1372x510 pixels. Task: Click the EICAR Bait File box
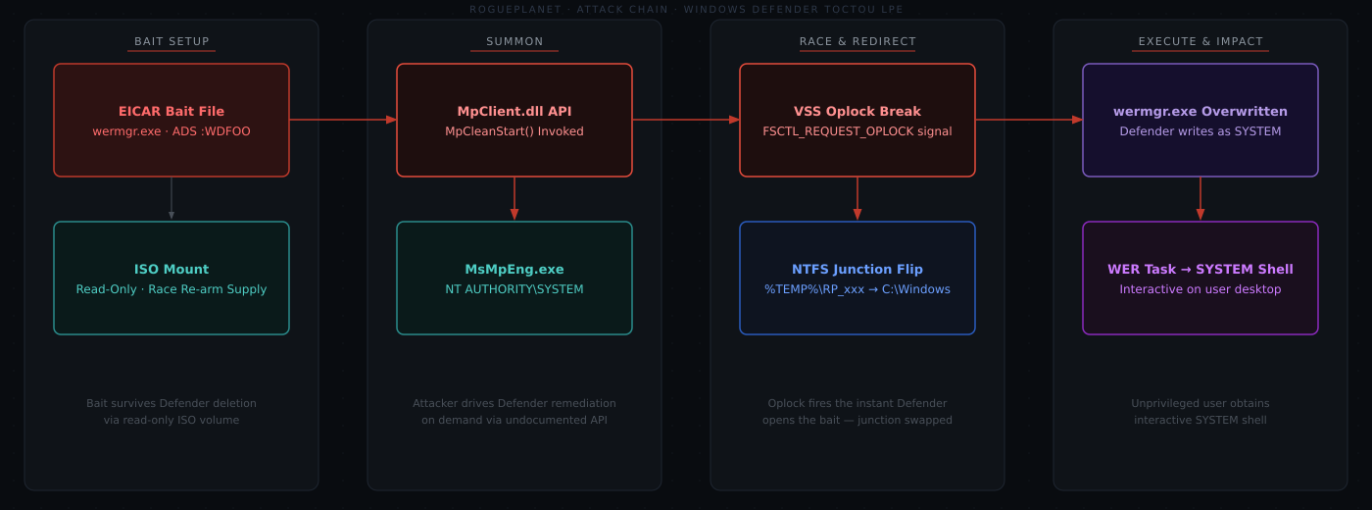click(171, 120)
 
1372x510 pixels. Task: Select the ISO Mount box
click(171, 279)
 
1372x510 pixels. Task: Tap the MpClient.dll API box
click(514, 120)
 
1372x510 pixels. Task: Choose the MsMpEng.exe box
click(514, 279)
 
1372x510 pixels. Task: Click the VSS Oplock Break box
click(857, 120)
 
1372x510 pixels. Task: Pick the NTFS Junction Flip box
click(857, 279)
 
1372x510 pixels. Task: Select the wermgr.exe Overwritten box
click(1200, 120)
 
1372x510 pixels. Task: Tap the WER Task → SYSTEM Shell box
click(1200, 279)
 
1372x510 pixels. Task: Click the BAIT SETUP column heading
click(171, 41)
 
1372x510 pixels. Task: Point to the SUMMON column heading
click(514, 41)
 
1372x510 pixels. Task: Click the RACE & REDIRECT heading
click(857, 41)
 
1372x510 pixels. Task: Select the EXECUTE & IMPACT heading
click(1200, 41)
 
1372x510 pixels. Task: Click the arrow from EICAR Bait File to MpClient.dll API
click(343, 120)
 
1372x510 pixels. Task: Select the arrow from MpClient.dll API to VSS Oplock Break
click(686, 120)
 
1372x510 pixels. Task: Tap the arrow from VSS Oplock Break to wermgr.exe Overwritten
click(1029, 120)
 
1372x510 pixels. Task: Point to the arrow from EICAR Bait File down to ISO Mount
click(171, 198)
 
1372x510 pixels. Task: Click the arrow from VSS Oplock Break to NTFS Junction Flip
click(857, 198)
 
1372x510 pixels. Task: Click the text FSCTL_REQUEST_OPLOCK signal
click(857, 131)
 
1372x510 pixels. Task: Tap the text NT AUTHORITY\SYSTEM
click(514, 289)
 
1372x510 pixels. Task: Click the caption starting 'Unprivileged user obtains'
click(1200, 411)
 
